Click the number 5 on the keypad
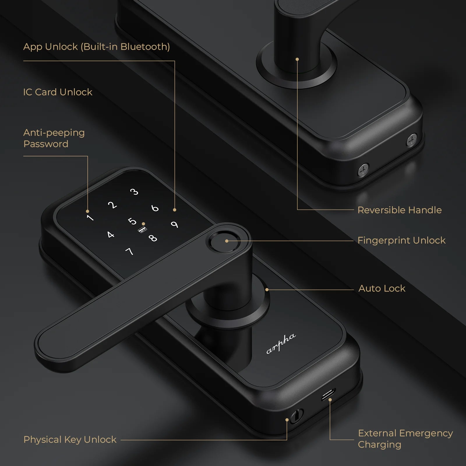[132, 221]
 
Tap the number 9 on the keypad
[174, 225]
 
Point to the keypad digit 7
[129, 251]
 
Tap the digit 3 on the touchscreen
[134, 192]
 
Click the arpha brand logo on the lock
[281, 344]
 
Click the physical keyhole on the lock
[296, 415]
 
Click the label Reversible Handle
[399, 210]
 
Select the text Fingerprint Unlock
[401, 240]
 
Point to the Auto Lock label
[382, 288]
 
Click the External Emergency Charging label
[405, 439]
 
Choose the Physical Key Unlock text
[70, 439]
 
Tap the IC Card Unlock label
[58, 92]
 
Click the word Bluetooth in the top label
[145, 47]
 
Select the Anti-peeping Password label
[54, 138]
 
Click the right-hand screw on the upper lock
[412, 140]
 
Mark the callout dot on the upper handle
[297, 59]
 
